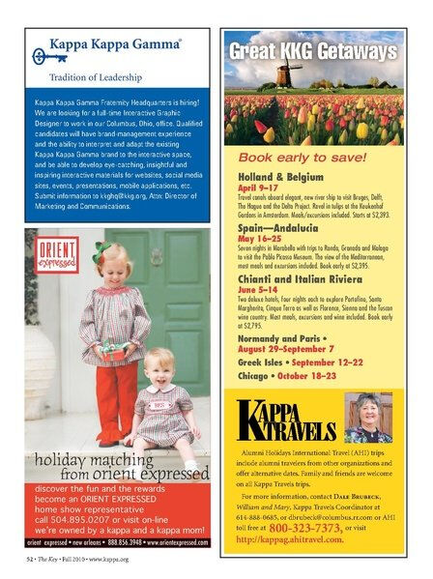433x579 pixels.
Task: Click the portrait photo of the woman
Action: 368,416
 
